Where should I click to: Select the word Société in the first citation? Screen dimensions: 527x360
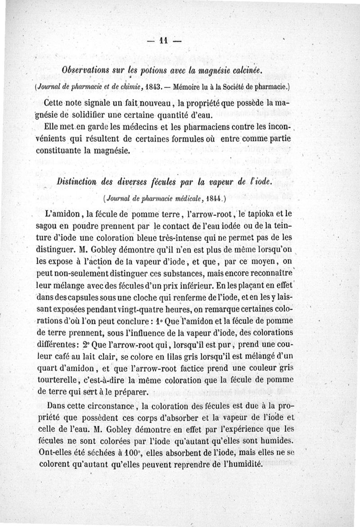239,85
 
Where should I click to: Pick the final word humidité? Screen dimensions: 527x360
242,463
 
